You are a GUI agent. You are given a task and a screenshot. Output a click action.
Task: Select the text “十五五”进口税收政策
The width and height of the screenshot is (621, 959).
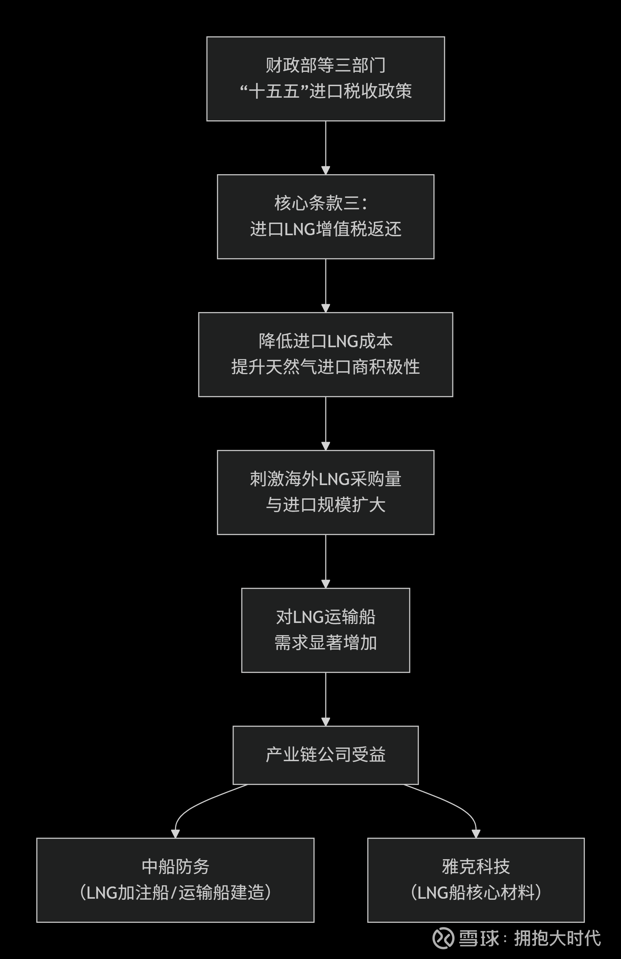click(x=325, y=91)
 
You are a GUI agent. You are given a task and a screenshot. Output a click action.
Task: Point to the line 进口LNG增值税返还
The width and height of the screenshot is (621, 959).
click(x=325, y=229)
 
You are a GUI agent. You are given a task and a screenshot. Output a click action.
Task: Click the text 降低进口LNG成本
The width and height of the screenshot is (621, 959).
click(x=325, y=341)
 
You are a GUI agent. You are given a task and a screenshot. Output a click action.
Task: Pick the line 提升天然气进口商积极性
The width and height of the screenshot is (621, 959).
click(x=325, y=367)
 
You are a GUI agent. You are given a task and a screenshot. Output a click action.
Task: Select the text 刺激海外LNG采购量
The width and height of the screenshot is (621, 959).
click(x=325, y=479)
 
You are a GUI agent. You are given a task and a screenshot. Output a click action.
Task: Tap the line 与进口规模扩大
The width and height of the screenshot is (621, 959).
click(x=325, y=505)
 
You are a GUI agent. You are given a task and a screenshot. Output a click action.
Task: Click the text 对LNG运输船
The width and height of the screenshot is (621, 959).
click(x=325, y=617)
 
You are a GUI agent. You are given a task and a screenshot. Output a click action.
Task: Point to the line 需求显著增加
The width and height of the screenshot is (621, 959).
click(x=325, y=643)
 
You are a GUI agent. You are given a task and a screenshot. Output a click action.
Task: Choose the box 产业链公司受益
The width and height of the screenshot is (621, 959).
click(x=325, y=755)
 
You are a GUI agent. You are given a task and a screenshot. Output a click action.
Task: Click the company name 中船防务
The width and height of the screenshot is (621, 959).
click(x=175, y=867)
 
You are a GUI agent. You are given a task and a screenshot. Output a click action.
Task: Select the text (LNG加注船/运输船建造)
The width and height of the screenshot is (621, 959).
click(x=175, y=893)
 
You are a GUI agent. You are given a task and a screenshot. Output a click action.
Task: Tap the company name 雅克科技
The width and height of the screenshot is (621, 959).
click(x=476, y=867)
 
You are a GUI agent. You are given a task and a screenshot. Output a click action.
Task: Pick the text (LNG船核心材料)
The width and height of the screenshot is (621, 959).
click(x=476, y=893)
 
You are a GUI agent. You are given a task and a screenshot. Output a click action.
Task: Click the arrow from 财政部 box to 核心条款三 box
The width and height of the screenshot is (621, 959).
click(x=325, y=148)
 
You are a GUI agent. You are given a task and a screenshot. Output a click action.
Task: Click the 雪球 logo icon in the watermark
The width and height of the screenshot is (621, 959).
click(x=443, y=938)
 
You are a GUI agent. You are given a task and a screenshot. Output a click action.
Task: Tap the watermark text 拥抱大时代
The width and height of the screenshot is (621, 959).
click(x=557, y=938)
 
